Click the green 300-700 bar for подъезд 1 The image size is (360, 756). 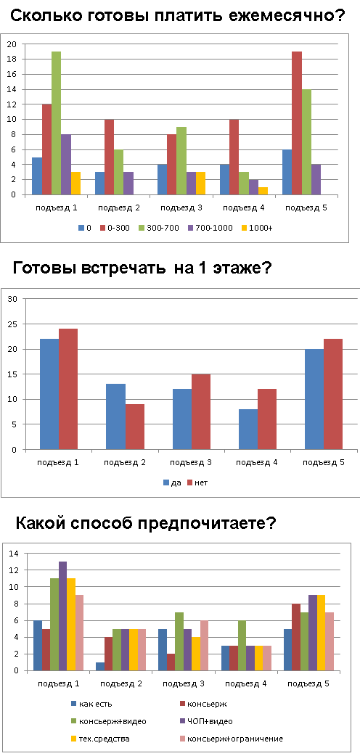57,123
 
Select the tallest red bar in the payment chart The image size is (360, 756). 296,123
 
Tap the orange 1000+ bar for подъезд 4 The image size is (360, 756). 263,191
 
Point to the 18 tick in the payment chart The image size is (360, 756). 12,59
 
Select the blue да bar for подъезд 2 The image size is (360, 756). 116,416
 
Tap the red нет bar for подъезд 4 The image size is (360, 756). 267,419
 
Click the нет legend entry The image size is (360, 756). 197,482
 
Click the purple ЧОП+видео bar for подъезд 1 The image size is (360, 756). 62,616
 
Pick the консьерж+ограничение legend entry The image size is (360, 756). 231,738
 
